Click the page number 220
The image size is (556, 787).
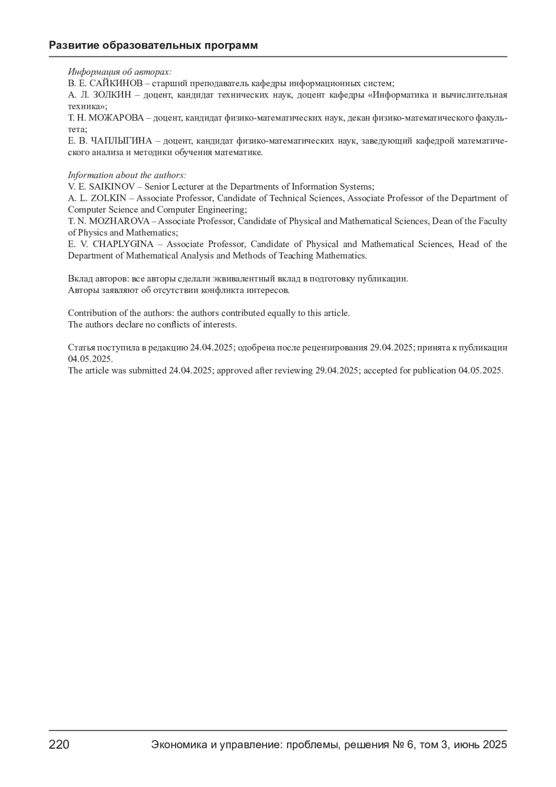59,745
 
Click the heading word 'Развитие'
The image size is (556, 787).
73,45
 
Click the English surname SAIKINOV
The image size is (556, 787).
112,187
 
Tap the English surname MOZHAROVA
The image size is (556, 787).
119,221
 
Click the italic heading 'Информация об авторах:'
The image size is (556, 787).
120,72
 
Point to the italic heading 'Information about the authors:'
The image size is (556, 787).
127,175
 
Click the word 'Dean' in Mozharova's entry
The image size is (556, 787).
442,221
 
